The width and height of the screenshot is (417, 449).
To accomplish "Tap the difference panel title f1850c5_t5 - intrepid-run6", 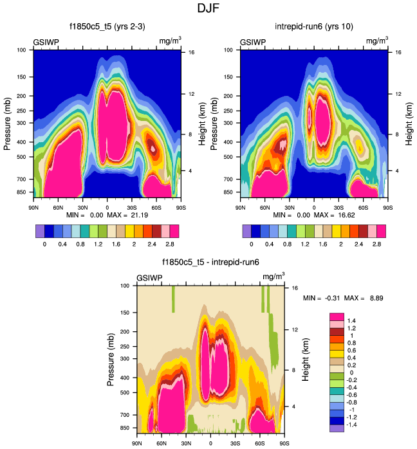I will [x=210, y=262].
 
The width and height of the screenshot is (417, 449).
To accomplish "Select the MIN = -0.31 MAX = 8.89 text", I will [x=347, y=298].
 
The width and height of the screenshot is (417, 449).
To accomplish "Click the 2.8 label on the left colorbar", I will [x=170, y=245].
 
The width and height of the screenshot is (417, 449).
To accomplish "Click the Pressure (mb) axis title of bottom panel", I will [x=111, y=358].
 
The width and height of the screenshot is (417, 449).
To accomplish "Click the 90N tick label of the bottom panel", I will [x=137, y=443].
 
